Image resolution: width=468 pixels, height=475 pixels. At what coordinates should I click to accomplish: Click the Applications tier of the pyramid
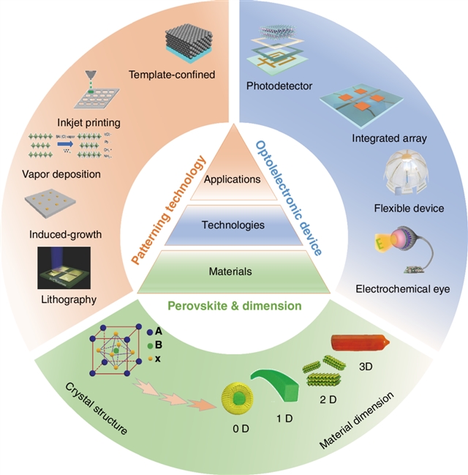point(233,179)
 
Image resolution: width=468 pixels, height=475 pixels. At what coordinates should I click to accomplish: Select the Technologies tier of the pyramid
point(233,225)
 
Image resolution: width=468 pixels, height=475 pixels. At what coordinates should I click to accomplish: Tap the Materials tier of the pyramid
point(233,272)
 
